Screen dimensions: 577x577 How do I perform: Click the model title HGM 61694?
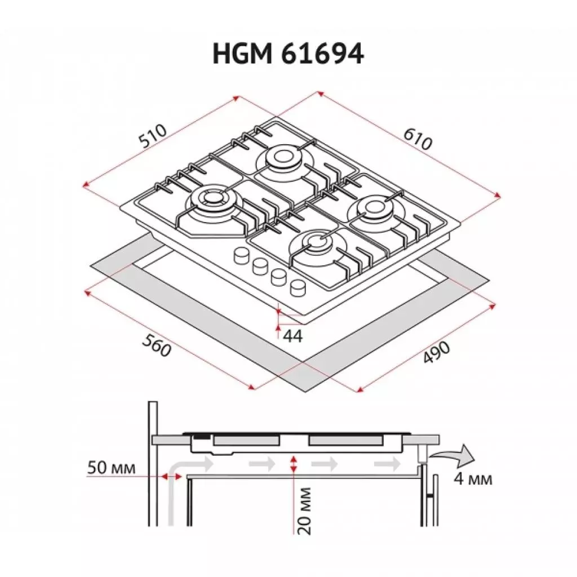point(288,55)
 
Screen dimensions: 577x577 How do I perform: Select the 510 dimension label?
point(153,137)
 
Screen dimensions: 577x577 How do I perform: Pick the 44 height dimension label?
point(293,336)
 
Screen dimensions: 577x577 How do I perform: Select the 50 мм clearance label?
point(112,468)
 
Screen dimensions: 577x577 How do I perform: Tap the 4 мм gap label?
point(472,480)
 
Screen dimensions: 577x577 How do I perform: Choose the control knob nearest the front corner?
point(298,288)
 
